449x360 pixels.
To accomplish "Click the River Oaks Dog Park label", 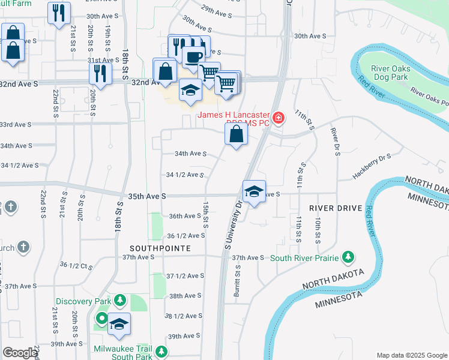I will tap(390, 73).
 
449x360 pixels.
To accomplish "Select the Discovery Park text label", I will tap(83, 301).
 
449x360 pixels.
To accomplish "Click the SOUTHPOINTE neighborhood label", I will tap(160, 248).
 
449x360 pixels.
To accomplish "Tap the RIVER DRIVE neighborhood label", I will tap(336, 208).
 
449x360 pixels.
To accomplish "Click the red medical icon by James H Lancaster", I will tap(278, 118).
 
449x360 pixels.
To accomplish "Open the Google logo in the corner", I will tap(20, 353).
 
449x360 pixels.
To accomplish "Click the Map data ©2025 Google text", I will tap(411, 355).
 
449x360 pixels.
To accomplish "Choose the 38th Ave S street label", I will tap(185, 296).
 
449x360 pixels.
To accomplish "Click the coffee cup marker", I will tap(193, 58).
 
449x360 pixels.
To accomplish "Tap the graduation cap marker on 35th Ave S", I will tap(254, 192).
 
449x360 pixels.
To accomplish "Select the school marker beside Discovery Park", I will tap(119, 324).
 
